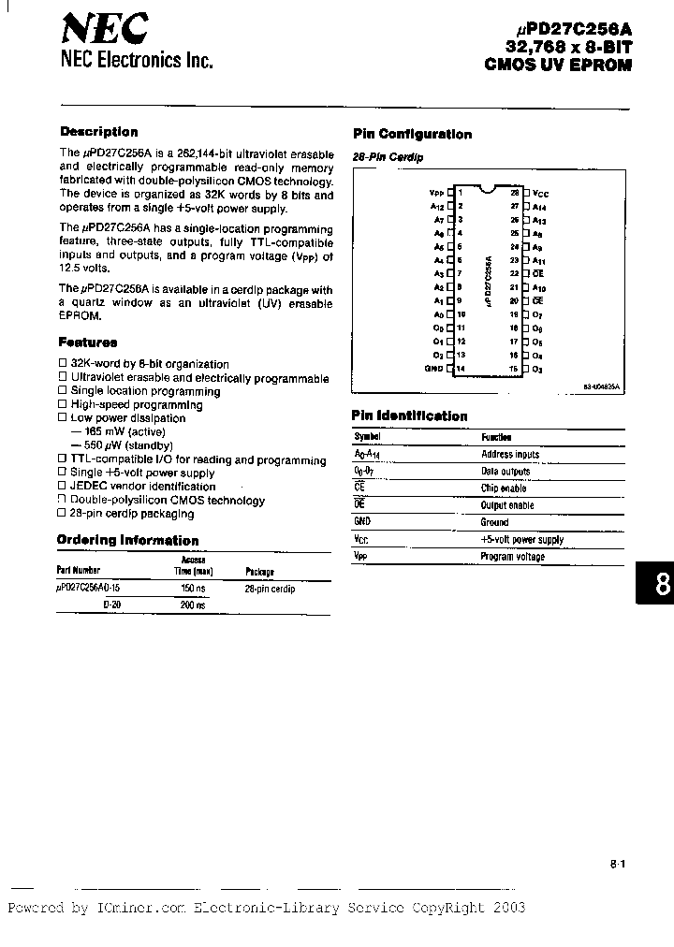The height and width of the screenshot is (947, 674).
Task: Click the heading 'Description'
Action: click(98, 132)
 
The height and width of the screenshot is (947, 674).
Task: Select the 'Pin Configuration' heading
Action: click(411, 134)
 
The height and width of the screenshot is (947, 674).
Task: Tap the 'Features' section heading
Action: click(88, 342)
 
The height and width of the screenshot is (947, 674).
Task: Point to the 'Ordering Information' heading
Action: click(127, 540)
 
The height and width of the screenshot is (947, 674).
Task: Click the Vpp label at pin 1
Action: click(435, 191)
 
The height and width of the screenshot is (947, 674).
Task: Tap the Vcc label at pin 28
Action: click(540, 191)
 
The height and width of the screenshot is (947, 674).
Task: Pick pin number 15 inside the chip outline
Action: click(514, 370)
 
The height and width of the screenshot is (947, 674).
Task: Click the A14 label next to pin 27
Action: click(540, 205)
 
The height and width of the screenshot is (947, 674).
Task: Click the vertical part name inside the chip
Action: click(488, 280)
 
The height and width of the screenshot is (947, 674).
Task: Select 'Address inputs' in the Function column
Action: click(510, 454)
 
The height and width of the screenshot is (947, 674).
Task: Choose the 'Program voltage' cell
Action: click(512, 557)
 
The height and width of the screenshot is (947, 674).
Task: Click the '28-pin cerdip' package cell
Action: click(270, 589)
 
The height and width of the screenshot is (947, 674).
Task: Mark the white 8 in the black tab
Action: click(662, 585)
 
